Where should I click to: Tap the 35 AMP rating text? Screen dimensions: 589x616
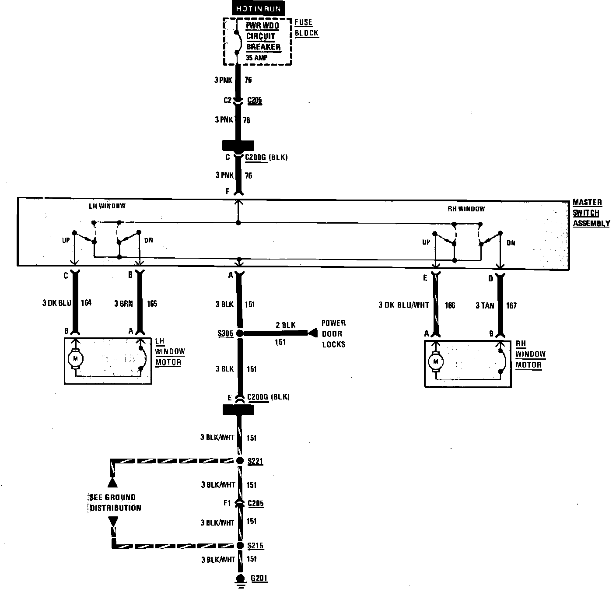click(256, 58)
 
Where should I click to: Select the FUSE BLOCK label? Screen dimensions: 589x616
click(306, 28)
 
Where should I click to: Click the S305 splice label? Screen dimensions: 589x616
click(225, 334)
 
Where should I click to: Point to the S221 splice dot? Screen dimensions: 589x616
click(240, 460)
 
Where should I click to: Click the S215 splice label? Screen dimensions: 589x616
click(255, 546)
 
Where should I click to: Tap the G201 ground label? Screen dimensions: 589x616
click(259, 578)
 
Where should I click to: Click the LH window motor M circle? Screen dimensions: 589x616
click(75, 358)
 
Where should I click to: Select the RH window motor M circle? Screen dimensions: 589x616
click(435, 361)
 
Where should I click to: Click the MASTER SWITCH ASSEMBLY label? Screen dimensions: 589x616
click(591, 213)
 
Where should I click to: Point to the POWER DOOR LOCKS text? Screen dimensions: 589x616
click(333, 334)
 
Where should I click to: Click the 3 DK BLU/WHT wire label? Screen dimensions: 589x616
click(403, 305)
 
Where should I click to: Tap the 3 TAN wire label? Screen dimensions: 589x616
click(485, 305)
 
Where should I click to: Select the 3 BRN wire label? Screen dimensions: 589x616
click(123, 303)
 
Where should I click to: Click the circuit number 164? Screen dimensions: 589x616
click(86, 303)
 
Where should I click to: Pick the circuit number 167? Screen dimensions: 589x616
click(511, 305)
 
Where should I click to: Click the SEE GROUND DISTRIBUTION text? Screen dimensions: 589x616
click(115, 502)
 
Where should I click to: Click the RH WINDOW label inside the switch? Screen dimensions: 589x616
click(466, 209)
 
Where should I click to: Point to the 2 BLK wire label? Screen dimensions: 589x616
click(286, 325)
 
